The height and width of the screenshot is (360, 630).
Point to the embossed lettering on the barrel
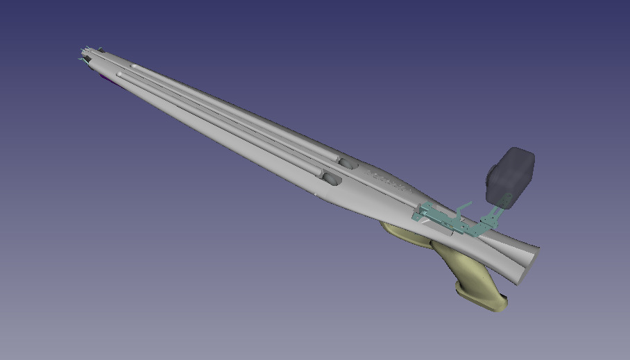click(389, 179)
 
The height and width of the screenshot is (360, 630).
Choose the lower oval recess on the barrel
click(331, 179)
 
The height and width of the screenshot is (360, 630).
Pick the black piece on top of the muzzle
click(99, 49)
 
